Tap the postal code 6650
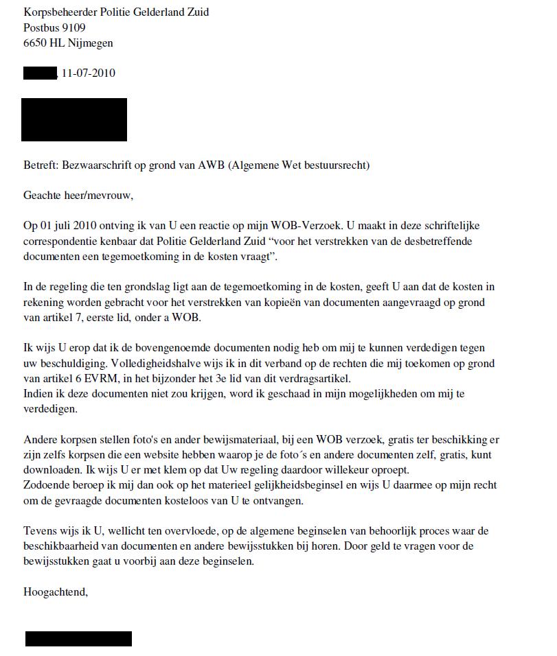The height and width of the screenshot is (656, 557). coord(35,43)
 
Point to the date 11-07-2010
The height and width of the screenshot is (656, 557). coord(88,73)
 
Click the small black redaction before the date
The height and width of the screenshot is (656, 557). coord(39,73)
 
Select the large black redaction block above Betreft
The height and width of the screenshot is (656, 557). coord(74,119)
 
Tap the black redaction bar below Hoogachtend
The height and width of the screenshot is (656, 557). coord(78,639)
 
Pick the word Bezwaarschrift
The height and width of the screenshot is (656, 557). coord(95,165)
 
